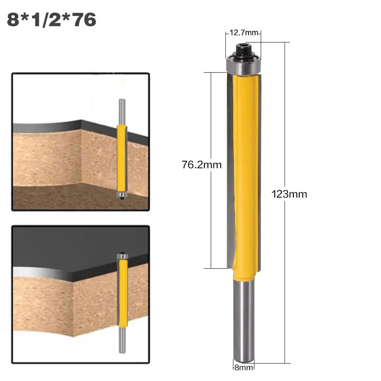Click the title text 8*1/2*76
pos(52,19)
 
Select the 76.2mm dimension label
pos(202,164)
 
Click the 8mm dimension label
pos(242,368)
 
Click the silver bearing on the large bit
pos(242,65)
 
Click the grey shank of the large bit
pos(242,317)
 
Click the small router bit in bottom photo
pos(122,294)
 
